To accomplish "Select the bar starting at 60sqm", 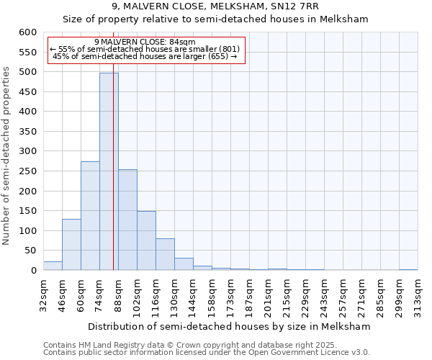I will pyautogui.click(x=90, y=216).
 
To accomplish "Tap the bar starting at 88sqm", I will pyautogui.click(x=127, y=220).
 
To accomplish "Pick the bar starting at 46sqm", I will pyautogui.click(x=71, y=245).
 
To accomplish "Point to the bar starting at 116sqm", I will pyautogui.click(x=165, y=254).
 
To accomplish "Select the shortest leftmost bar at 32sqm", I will pyautogui.click(x=53, y=266).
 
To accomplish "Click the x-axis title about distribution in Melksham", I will pyautogui.click(x=230, y=326).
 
